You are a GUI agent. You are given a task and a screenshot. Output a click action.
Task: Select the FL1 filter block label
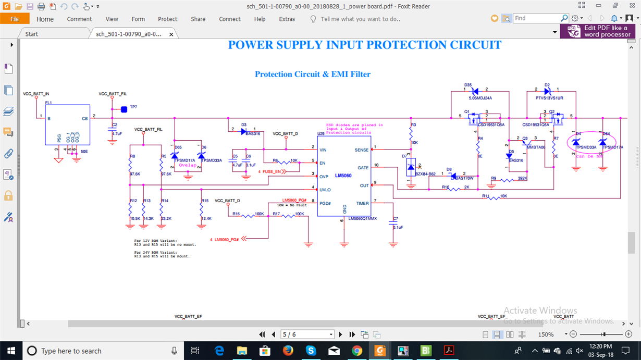click(x=48, y=103)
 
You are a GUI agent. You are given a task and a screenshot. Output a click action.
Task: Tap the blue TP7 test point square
click(x=124, y=109)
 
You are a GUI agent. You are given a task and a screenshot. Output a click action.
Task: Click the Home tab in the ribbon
click(x=45, y=19)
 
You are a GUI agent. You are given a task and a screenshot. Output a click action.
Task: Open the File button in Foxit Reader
click(x=15, y=19)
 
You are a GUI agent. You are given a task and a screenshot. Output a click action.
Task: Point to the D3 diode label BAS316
click(x=253, y=133)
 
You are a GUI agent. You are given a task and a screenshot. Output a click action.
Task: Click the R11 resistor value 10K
click(x=503, y=196)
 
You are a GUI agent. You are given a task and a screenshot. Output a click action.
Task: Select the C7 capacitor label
click(x=396, y=219)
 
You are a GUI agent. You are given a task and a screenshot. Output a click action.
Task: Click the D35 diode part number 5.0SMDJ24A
click(x=480, y=98)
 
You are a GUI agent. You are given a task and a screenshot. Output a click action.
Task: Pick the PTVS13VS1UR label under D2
click(x=549, y=98)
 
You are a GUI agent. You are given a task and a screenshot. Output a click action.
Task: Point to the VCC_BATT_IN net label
click(x=36, y=94)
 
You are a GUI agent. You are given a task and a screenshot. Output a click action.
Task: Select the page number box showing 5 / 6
click(x=307, y=334)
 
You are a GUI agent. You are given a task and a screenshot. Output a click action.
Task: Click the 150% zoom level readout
click(x=546, y=334)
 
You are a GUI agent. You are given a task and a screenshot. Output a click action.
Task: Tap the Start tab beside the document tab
click(x=32, y=34)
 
